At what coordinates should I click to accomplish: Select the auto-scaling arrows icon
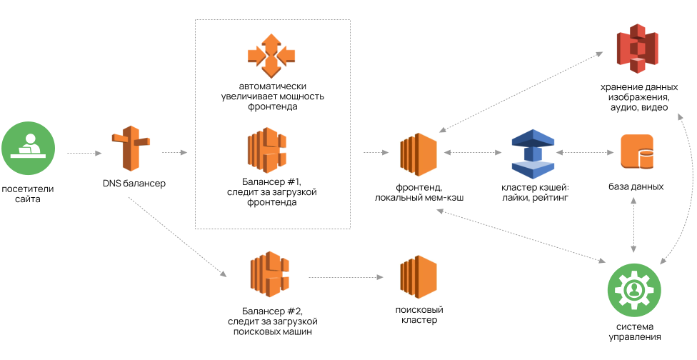point(271,54)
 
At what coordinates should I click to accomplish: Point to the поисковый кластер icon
point(418,277)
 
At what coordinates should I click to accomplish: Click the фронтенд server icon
point(418,153)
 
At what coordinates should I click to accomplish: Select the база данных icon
point(637,151)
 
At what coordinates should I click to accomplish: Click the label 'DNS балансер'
point(134,184)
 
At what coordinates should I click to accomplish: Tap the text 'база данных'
point(636,186)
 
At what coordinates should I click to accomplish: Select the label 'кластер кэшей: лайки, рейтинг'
point(535,192)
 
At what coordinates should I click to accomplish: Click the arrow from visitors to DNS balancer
point(85,153)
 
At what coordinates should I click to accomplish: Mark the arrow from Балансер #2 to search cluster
point(342,277)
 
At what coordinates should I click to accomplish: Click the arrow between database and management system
point(634,224)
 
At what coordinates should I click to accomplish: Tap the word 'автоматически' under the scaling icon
point(272,86)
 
